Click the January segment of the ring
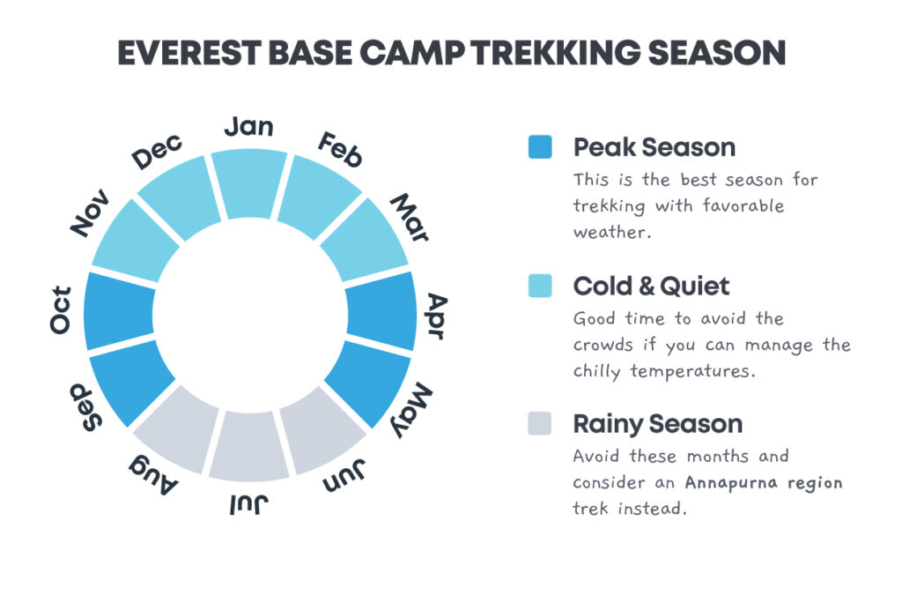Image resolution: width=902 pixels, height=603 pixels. point(249,183)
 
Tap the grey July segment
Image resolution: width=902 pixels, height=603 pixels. point(249,446)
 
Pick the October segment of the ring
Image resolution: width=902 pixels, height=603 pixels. point(119,311)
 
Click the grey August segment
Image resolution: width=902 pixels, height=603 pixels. point(176,429)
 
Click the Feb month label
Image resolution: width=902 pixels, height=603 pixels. point(341,149)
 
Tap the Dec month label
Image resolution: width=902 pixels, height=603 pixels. point(157,151)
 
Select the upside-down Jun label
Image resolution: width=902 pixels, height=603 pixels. point(344,476)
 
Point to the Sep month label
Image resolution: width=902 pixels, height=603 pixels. point(85,407)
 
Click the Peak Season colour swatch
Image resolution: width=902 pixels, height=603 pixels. point(540,147)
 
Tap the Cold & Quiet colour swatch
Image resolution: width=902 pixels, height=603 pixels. point(540,286)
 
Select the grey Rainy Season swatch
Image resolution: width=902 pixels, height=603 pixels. point(540,423)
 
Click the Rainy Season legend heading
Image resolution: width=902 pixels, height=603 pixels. point(658,424)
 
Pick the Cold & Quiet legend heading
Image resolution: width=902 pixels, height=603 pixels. point(652,286)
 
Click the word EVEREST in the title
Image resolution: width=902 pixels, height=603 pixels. point(189,53)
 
